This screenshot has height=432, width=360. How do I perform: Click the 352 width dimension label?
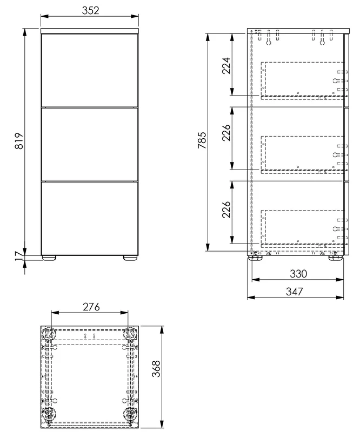click(90, 10)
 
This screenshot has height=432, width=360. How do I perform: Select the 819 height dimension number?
click(19, 141)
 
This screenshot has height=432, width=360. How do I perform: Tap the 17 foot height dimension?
click(19, 256)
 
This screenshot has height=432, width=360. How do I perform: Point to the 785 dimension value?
click(202, 140)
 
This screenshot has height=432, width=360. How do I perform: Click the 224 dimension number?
click(226, 65)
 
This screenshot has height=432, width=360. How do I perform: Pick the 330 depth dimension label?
click(298, 274)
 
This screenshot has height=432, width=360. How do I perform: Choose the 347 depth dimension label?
click(295, 292)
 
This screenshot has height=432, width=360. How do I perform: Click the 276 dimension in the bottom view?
click(91, 307)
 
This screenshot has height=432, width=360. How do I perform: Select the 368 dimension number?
click(156, 369)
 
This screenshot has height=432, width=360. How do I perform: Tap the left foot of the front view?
click(49, 258)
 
